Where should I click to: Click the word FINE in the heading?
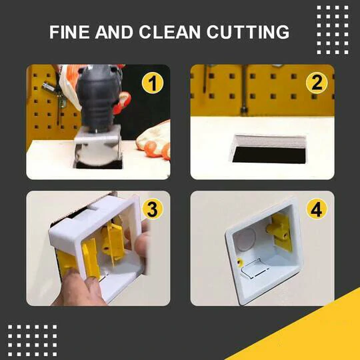click(69, 33)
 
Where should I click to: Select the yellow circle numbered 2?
click(315, 84)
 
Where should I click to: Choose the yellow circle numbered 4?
click(315, 210)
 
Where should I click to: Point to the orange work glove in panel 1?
click(152, 141)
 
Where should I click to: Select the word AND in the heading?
click(118, 33)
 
